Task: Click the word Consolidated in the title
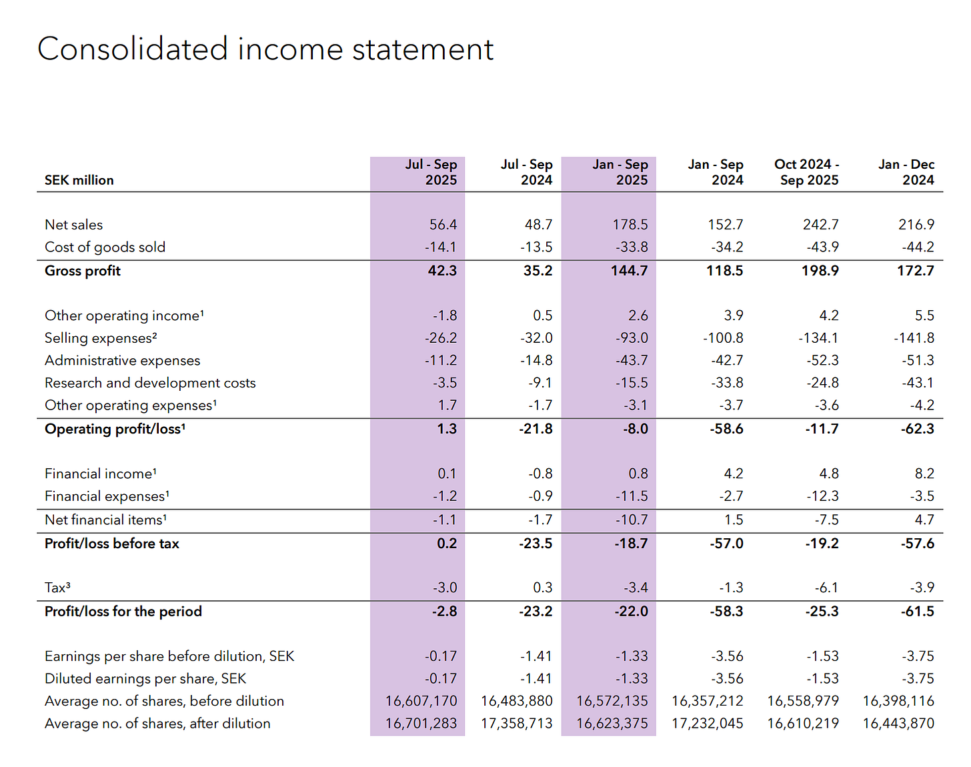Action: pos(133,49)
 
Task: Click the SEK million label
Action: pos(79,180)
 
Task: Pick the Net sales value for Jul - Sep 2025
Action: pos(443,225)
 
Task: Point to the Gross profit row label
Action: pos(83,271)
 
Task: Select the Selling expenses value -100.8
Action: pos(723,338)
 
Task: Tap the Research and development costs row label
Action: pos(150,383)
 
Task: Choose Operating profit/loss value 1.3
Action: pos(447,429)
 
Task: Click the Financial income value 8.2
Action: pos(924,474)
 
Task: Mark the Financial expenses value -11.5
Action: pos(631,496)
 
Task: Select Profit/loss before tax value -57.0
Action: pos(726,544)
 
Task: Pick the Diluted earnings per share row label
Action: pos(145,679)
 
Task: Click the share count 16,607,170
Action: pos(421,701)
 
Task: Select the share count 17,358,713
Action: pos(516,724)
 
